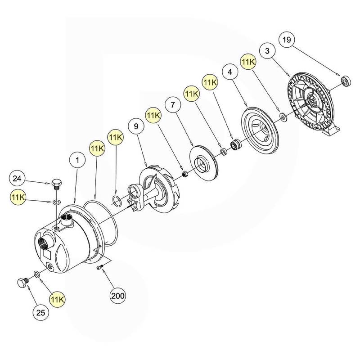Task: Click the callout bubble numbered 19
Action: tap(287, 40)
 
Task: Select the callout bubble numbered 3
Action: tap(267, 51)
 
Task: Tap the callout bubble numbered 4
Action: tap(230, 72)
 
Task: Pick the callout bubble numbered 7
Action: tap(173, 105)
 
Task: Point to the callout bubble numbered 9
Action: tap(136, 126)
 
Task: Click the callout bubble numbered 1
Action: tap(77, 160)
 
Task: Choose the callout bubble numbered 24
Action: tap(17, 178)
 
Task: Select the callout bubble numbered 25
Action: tap(41, 313)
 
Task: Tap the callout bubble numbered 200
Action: tap(118, 296)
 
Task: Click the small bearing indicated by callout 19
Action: tap(345, 81)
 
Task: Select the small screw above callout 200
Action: tap(99, 267)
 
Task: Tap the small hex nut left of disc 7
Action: tap(184, 175)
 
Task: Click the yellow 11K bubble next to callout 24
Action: tap(18, 197)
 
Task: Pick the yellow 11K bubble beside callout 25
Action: tap(58, 300)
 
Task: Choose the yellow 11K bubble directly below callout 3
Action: tap(248, 62)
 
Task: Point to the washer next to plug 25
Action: tap(36, 274)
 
